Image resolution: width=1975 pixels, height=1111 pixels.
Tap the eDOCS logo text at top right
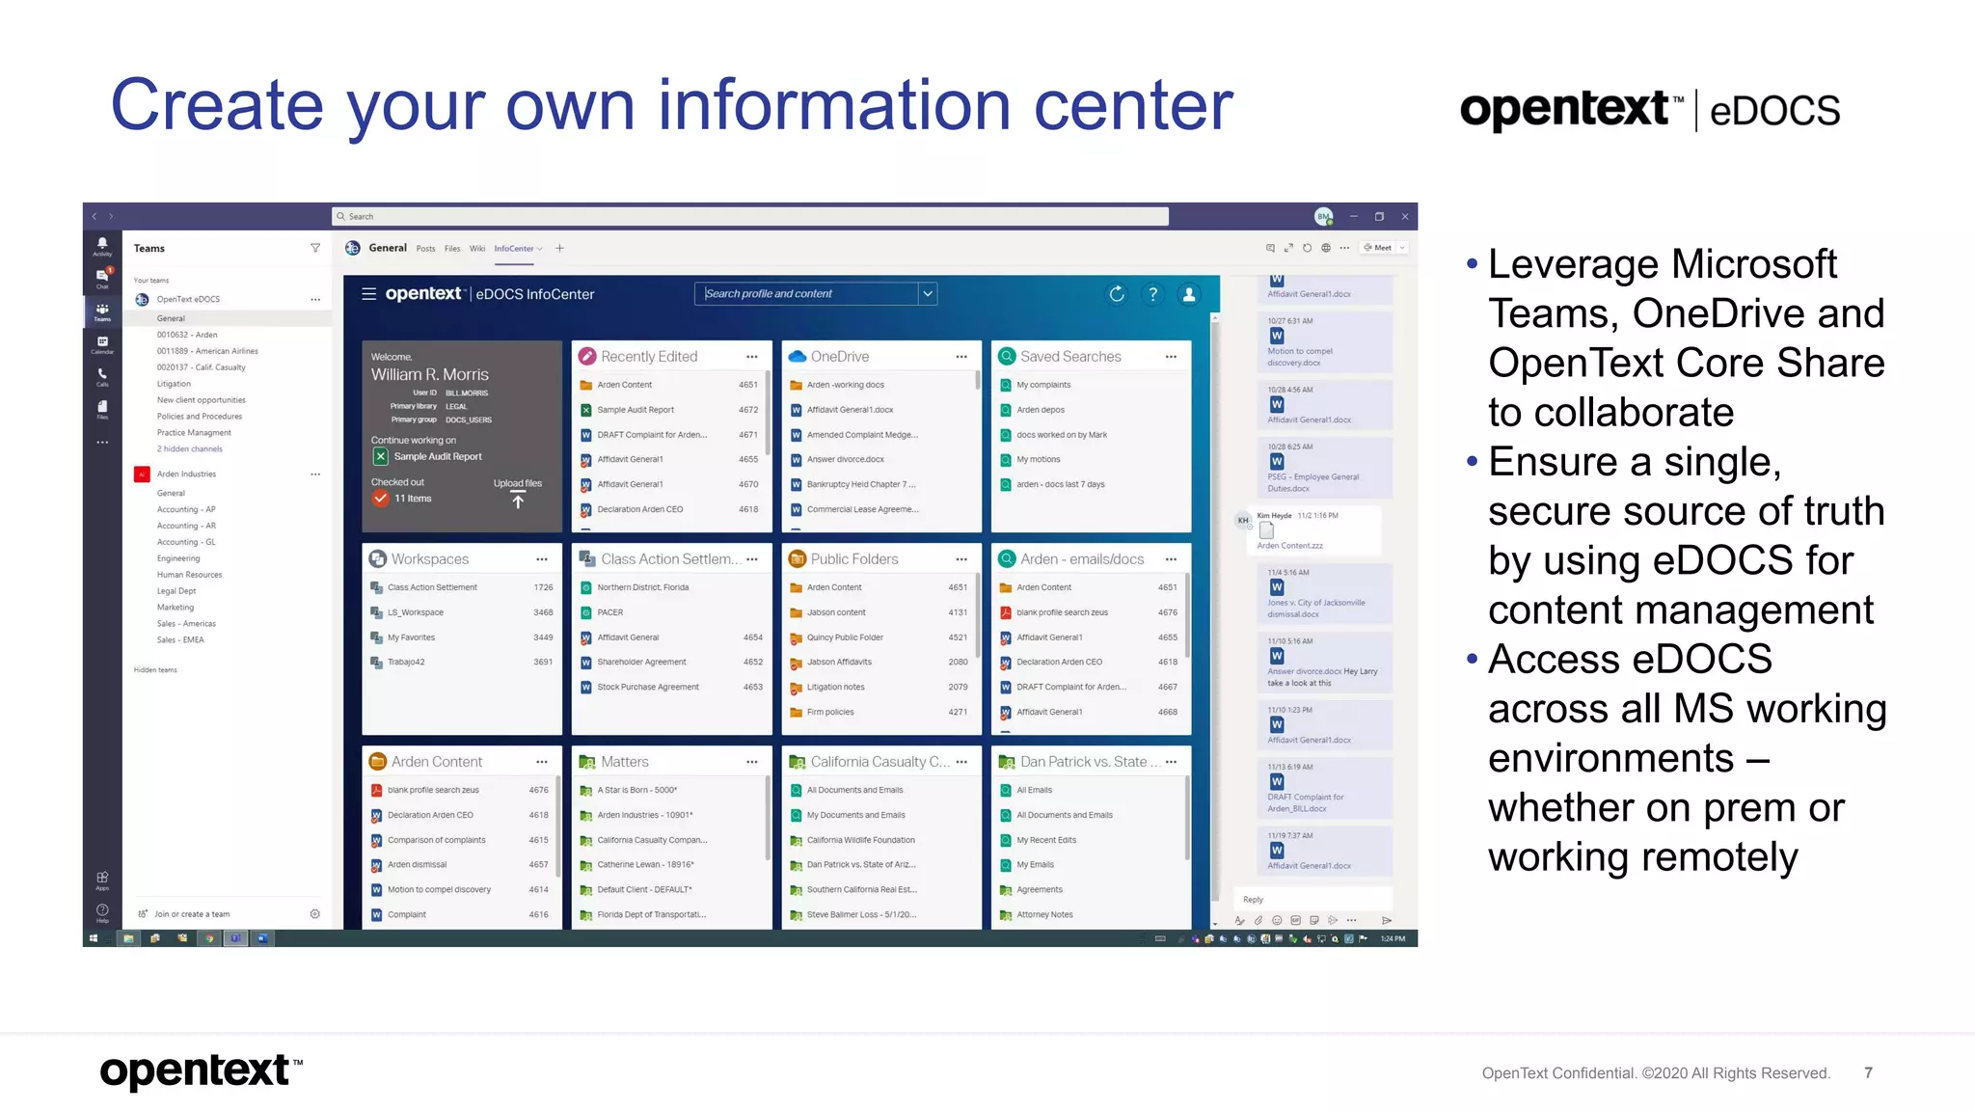click(1774, 111)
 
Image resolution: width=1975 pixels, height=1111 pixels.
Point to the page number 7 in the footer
click(1868, 1072)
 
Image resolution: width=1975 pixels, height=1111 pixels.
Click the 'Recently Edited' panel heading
click(649, 357)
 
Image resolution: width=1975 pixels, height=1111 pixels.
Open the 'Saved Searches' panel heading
click(1070, 357)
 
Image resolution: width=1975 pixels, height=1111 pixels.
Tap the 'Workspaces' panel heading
click(430, 559)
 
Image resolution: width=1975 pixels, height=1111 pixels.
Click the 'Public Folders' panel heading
click(854, 559)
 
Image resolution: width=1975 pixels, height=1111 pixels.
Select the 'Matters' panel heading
click(625, 762)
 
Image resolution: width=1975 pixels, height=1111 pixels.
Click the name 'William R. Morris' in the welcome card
click(430, 374)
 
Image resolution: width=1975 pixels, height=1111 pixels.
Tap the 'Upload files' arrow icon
click(518, 501)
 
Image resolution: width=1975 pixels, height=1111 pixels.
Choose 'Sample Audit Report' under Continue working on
click(438, 457)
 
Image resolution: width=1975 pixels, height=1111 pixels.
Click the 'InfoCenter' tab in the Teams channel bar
click(514, 249)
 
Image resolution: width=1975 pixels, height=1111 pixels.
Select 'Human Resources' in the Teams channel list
click(189, 575)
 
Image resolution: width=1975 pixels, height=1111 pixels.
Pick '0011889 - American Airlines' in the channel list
click(207, 351)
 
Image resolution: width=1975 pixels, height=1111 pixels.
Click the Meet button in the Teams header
click(1379, 248)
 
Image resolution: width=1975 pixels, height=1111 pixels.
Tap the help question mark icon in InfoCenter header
click(1152, 294)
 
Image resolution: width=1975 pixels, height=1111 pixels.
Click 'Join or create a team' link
click(192, 914)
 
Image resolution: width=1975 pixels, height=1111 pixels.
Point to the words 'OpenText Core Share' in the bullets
click(1686, 364)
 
